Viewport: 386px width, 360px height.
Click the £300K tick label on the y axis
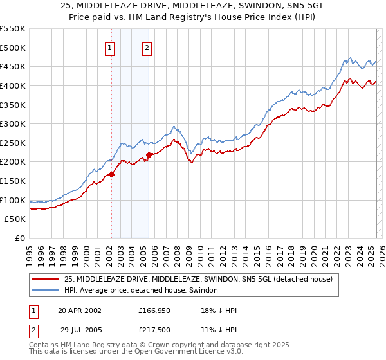[x=13, y=123]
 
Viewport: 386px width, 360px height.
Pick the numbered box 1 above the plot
[x=110, y=48]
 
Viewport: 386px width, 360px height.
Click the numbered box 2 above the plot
[x=147, y=48]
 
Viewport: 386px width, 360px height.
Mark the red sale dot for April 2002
[x=111, y=174]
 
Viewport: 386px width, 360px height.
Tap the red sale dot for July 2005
[x=149, y=154]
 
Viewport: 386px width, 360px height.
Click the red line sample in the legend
[x=46, y=279]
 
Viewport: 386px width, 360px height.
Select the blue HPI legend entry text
[x=141, y=290]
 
